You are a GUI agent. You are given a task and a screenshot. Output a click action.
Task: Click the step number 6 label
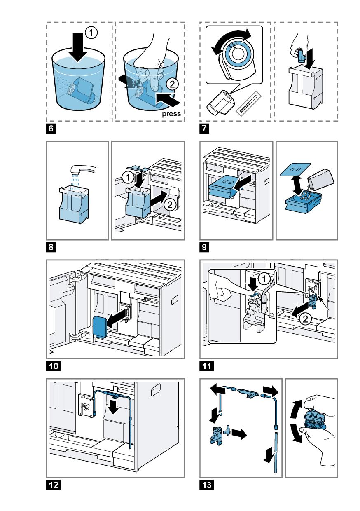point(50,128)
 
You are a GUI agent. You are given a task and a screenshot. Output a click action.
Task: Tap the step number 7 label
point(203,128)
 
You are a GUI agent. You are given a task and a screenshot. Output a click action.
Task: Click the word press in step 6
point(172,114)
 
